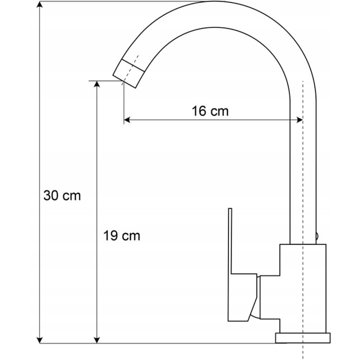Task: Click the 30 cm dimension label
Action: (x=62, y=195)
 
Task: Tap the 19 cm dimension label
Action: (x=121, y=235)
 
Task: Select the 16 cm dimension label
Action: (x=210, y=111)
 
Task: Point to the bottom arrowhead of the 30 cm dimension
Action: (x=40, y=340)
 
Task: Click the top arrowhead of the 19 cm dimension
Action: (x=97, y=84)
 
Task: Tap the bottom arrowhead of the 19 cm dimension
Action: (x=97, y=340)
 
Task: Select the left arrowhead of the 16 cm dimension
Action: (x=127, y=120)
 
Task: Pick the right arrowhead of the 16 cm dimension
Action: (x=300, y=120)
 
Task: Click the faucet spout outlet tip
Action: (x=124, y=81)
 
